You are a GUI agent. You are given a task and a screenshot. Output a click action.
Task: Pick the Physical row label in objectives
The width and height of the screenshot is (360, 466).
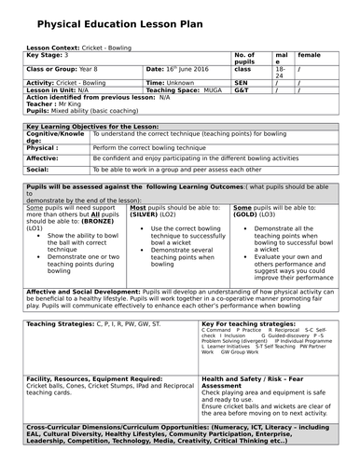[x=43, y=147]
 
